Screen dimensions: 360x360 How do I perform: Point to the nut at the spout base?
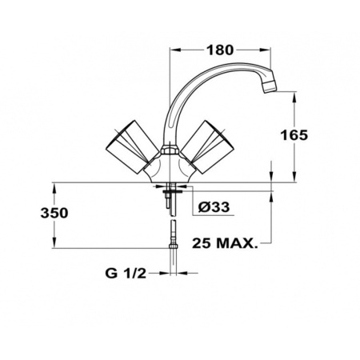pos(170,150)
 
